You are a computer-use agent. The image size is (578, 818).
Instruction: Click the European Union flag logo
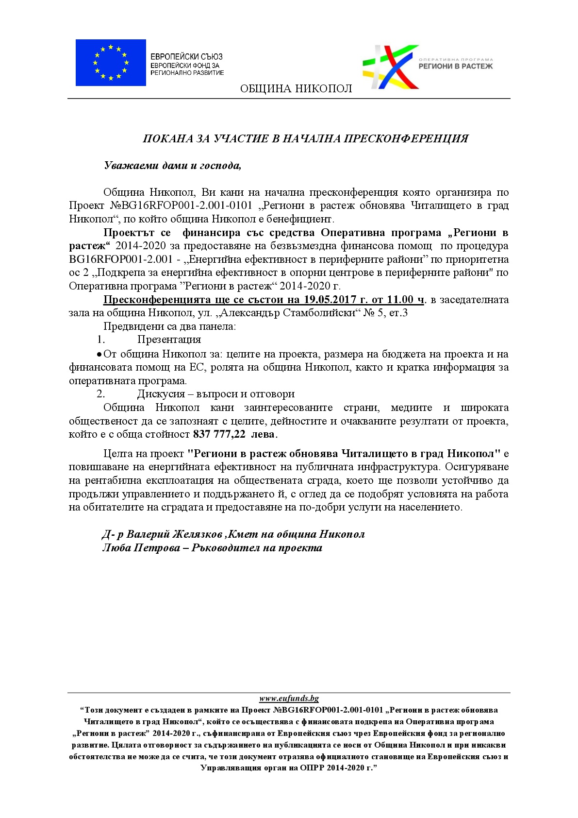(x=111, y=63)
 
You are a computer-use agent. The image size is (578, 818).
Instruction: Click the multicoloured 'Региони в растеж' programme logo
(x=391, y=67)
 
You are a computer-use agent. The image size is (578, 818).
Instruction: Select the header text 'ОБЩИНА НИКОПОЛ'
(x=296, y=88)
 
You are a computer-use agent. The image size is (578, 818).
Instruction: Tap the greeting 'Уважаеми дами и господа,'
(x=172, y=166)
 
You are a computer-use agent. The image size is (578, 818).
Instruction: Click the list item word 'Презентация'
(x=169, y=340)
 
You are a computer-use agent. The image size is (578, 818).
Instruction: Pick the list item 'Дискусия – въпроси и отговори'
(x=215, y=394)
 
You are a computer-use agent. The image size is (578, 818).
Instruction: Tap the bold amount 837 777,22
(x=219, y=434)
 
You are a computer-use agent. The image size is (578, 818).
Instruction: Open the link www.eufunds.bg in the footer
(x=289, y=699)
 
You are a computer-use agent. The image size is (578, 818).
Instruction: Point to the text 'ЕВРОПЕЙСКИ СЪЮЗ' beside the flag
(x=186, y=57)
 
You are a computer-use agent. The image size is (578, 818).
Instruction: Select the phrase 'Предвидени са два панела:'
(x=169, y=326)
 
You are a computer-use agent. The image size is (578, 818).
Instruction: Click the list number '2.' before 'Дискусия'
(x=100, y=394)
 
